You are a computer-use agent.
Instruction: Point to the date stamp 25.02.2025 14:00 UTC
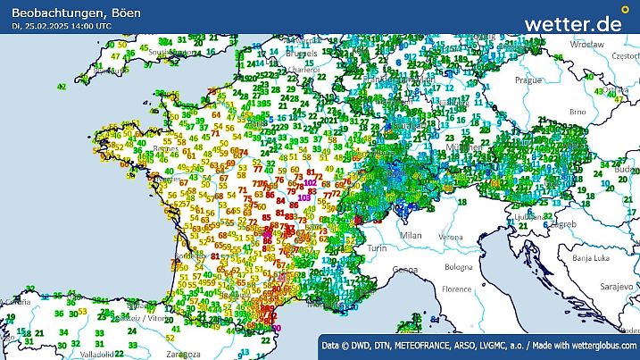(62, 27)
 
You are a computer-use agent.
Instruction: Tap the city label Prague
(527, 80)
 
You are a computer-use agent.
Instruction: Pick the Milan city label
(411, 235)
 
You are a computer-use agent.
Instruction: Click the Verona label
(451, 237)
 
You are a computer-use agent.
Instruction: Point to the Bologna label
(460, 267)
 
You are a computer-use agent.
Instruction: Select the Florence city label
(461, 289)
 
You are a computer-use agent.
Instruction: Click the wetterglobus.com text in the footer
(599, 345)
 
